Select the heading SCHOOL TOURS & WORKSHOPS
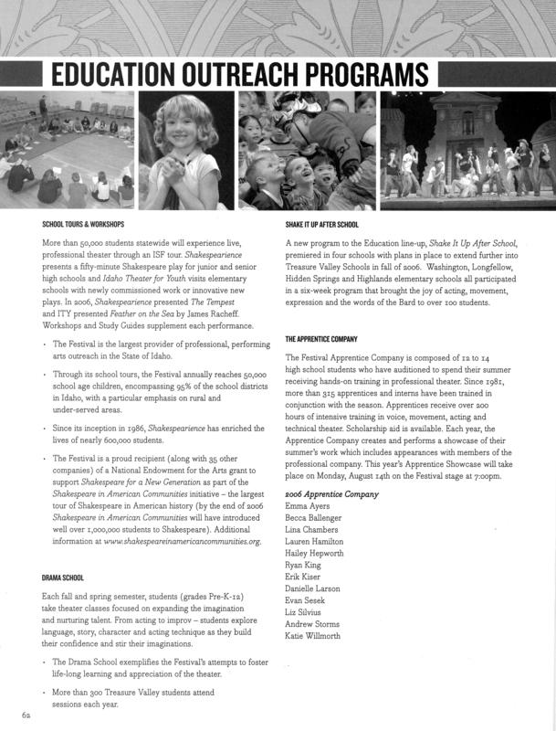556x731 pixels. [x=83, y=224]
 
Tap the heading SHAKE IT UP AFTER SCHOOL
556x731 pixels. [x=321, y=224]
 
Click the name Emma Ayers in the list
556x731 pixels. [x=308, y=505]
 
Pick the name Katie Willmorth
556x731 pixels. [x=312, y=636]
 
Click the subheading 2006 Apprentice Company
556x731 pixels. [x=331, y=493]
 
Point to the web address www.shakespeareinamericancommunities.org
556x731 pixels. [x=183, y=542]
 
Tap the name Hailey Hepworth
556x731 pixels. [x=314, y=553]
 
